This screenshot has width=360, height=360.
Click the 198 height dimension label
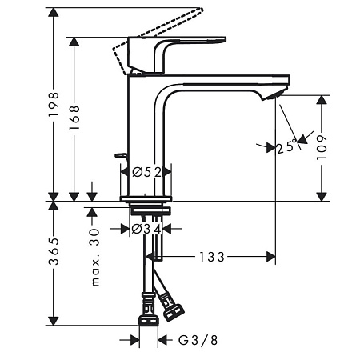tap(54, 104)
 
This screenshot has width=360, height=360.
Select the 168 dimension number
tap(74, 118)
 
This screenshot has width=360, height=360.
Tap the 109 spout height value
tap(322, 147)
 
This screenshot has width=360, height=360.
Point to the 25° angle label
tap(286, 146)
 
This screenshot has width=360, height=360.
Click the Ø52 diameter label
tap(147, 173)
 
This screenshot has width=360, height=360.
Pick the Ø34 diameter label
tap(146, 229)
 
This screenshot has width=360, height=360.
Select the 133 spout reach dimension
tap(212, 258)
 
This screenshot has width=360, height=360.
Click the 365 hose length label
tap(54, 251)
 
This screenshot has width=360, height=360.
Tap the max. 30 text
tap(95, 258)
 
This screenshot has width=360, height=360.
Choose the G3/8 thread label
tap(198, 340)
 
